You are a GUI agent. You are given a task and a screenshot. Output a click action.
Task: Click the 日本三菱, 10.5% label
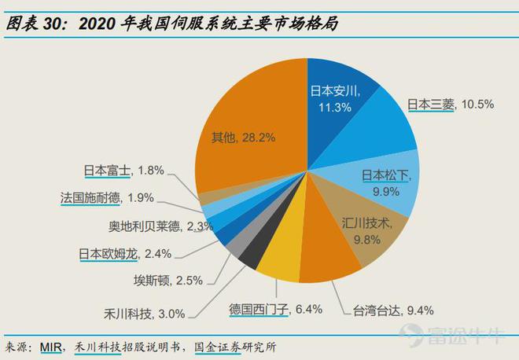tap(450, 105)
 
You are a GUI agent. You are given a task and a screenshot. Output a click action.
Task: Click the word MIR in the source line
tap(53, 347)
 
